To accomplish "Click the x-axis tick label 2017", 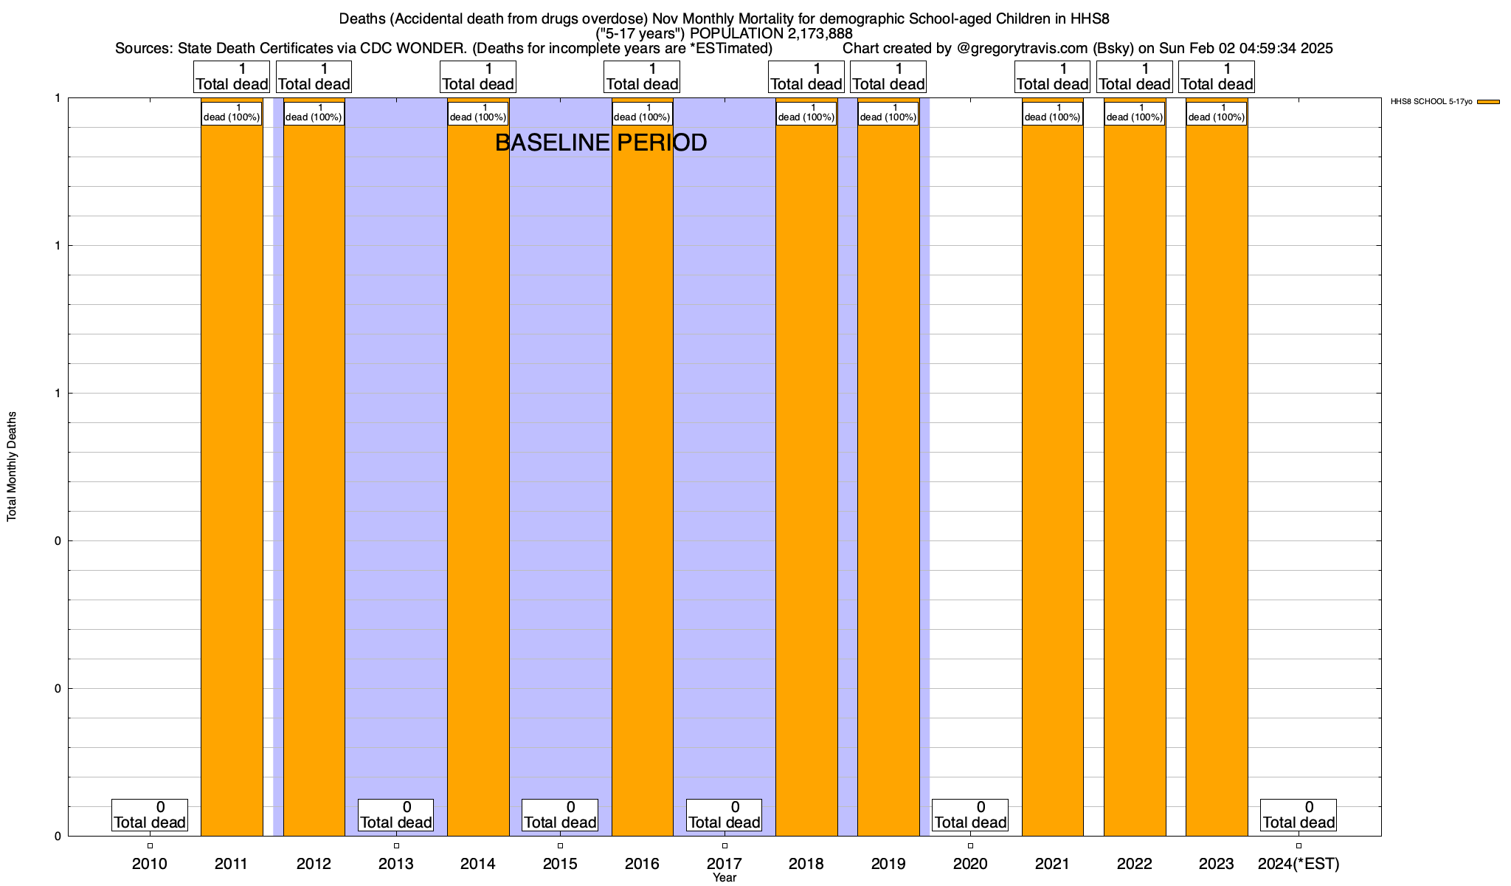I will pyautogui.click(x=725, y=864).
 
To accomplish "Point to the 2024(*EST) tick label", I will pyautogui.click(x=1299, y=864).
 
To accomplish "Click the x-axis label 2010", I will pyautogui.click(x=150, y=864).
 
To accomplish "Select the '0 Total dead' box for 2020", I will pyautogui.click(x=970, y=815).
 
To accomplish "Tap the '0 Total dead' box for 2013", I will pyautogui.click(x=396, y=815).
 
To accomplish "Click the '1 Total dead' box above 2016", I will pyautogui.click(x=642, y=77).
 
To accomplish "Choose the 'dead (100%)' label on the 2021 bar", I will pyautogui.click(x=1053, y=113).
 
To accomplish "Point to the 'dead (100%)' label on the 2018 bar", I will pyautogui.click(x=806, y=113).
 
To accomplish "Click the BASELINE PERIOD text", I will pyautogui.click(x=601, y=142).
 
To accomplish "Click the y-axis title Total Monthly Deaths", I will pyautogui.click(x=12, y=467).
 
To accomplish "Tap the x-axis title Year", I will pyautogui.click(x=725, y=878).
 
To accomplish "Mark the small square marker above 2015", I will pyautogui.click(x=560, y=845).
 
